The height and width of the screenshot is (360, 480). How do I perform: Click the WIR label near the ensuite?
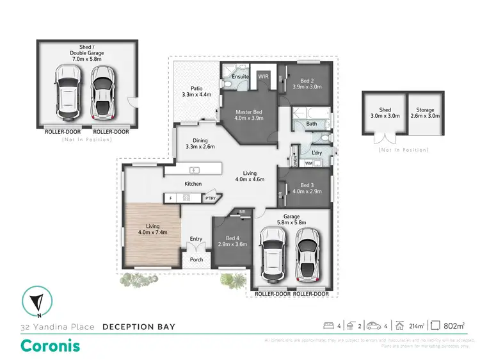click(x=263, y=76)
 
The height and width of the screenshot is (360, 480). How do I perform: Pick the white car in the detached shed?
click(x=67, y=97)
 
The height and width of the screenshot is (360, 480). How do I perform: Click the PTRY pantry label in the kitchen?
click(x=210, y=199)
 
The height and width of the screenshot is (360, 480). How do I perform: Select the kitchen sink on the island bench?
click(x=195, y=170)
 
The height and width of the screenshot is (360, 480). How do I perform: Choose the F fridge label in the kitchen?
click(x=171, y=199)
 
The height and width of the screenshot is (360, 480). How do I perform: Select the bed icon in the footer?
click(x=328, y=325)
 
